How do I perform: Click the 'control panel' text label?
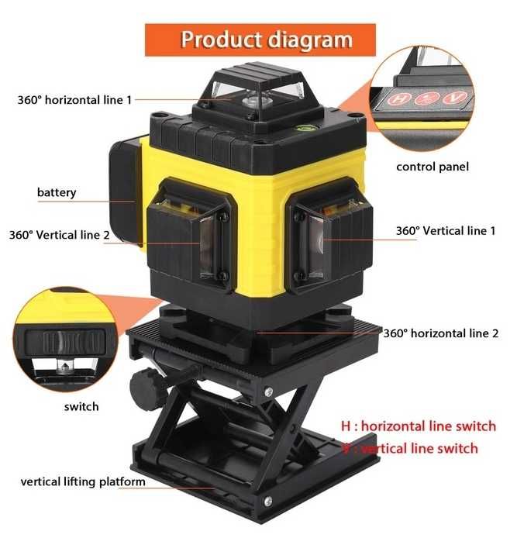432,166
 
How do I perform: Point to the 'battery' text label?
57,191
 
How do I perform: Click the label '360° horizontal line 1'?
74,100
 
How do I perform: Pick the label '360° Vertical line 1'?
445,230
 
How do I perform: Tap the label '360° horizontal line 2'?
440,333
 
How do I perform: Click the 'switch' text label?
81,405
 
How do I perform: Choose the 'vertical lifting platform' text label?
83,481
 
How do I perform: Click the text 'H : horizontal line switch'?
418,426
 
